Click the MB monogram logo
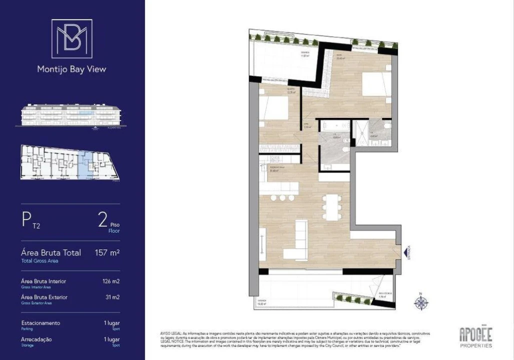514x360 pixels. pos(72,38)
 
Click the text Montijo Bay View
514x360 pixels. pos(71,69)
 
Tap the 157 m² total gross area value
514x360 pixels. pos(107,253)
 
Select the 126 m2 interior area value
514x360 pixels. pos(111,281)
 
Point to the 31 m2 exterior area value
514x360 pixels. pos(112,297)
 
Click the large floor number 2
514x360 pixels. pos(103,220)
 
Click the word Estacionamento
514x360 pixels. pos(40,323)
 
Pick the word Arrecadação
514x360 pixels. pos(36,339)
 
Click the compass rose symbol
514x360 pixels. pos(421,302)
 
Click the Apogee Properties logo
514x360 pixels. pos(475,336)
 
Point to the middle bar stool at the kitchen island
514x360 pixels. pos(282,198)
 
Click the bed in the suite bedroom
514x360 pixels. pos(376,84)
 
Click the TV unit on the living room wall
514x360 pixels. pos(262,243)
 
